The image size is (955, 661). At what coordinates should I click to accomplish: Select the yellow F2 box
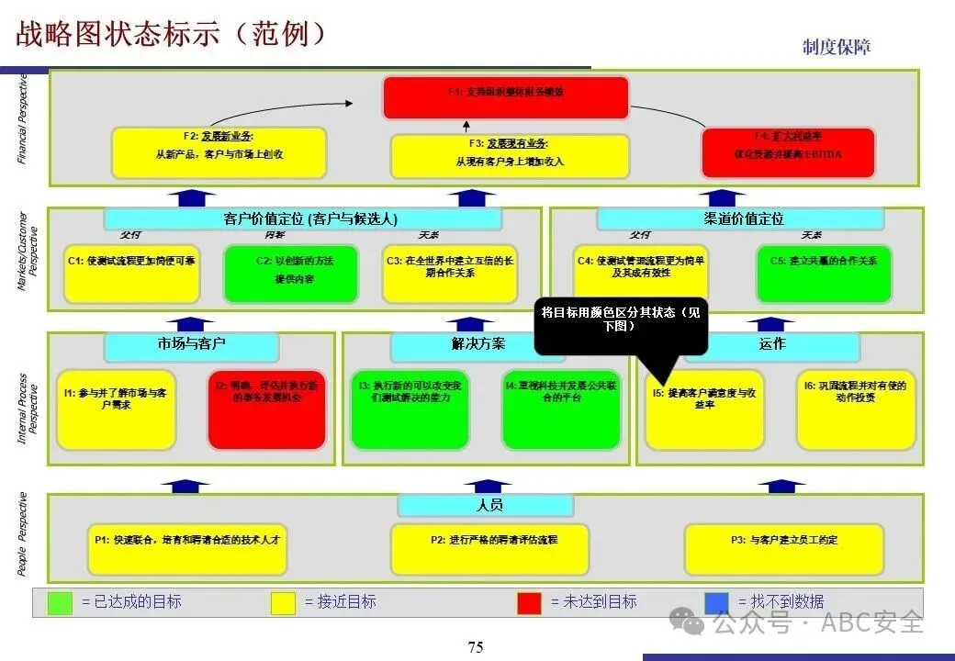219,152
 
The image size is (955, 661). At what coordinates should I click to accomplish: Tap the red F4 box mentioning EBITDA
788,152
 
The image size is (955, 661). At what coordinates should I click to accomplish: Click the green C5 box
824,273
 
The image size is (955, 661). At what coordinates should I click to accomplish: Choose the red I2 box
267,409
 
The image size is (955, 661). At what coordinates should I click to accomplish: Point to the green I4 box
561,409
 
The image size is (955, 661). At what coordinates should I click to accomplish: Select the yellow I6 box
855,409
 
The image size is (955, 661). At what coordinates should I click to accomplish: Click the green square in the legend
60,602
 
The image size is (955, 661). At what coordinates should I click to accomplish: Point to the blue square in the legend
716,602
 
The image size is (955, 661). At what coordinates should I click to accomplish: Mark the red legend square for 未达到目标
529,602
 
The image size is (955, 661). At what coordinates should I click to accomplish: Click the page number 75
476,647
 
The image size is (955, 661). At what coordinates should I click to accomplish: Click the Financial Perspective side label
24,118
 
